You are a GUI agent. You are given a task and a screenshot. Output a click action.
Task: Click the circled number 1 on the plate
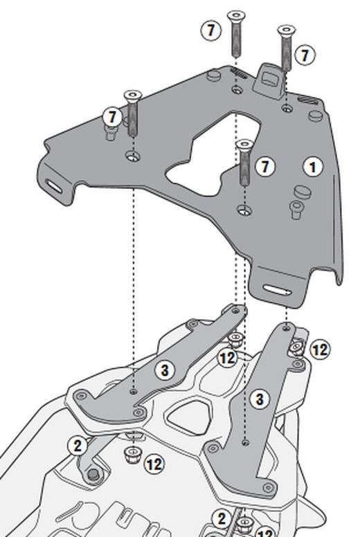click(x=313, y=167)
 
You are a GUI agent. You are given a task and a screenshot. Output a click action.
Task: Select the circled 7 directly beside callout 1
click(x=265, y=166)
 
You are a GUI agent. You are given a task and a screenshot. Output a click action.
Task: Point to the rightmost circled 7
click(x=305, y=55)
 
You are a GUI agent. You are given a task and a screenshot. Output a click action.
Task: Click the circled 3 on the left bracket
click(x=165, y=371)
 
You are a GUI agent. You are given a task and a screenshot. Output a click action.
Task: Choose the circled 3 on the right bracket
click(x=260, y=399)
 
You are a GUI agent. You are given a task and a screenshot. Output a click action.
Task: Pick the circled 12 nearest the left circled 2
click(x=154, y=464)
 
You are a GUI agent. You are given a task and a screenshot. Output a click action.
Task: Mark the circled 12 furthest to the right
click(x=319, y=349)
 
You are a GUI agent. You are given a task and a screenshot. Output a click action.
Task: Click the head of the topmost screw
click(x=237, y=15)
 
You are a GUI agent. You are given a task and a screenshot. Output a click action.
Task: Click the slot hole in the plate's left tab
click(x=53, y=185)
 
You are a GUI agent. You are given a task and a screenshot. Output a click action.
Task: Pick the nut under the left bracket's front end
click(x=131, y=454)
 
